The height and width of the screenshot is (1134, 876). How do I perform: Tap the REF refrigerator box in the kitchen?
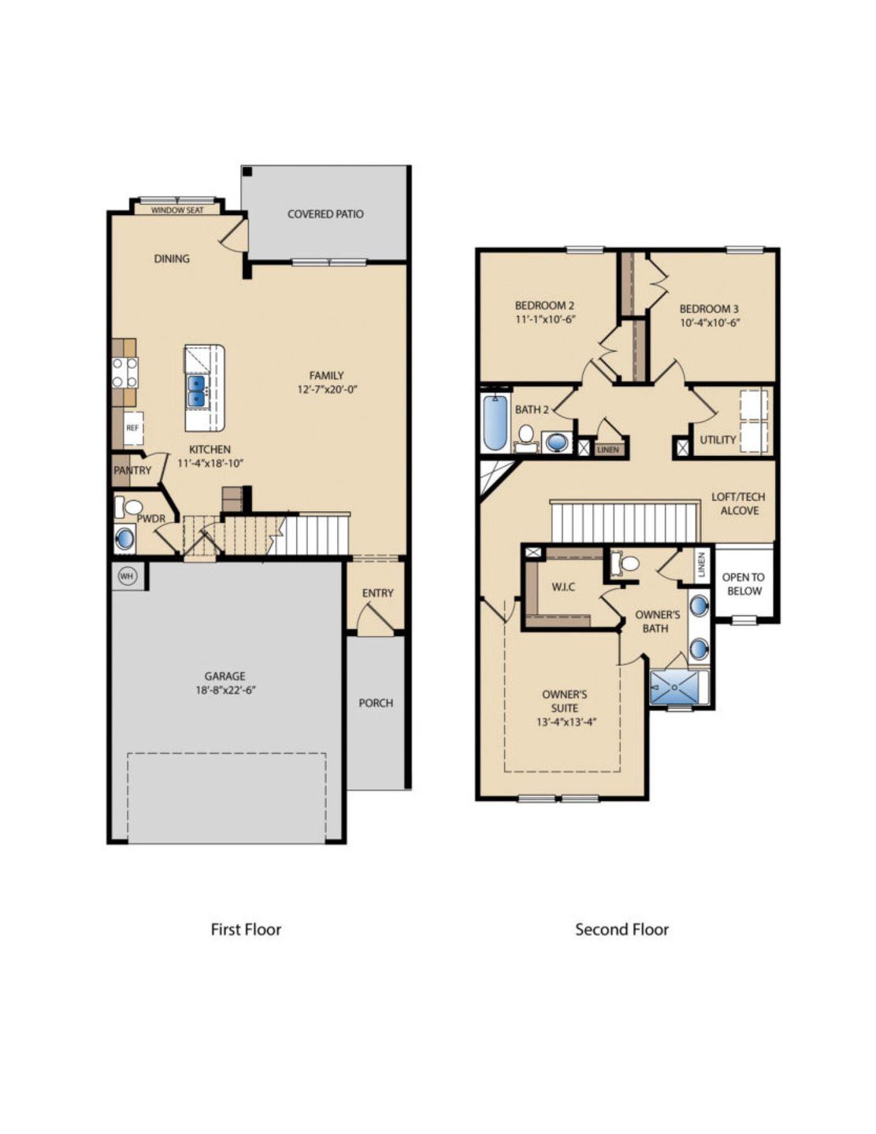(x=132, y=428)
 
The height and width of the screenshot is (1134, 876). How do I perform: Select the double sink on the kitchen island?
(x=196, y=391)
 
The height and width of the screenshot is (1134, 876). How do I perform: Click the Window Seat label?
(x=177, y=209)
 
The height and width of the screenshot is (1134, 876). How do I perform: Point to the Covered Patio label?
(x=325, y=213)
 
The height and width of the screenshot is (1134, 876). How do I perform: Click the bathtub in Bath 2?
(x=495, y=423)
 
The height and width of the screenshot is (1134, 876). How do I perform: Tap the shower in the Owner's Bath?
(x=674, y=687)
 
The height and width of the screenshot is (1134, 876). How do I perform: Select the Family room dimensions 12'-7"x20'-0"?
(x=327, y=389)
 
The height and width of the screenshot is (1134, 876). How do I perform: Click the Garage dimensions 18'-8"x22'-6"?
(x=225, y=690)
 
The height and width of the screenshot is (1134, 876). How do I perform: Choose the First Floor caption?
(x=246, y=929)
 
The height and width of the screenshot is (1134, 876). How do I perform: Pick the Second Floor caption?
(x=622, y=929)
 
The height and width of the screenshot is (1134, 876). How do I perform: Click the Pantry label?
(x=132, y=470)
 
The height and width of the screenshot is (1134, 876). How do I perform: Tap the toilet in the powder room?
(x=131, y=507)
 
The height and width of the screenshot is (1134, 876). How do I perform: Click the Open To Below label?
(x=743, y=584)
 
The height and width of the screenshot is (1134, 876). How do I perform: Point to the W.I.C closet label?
(x=562, y=587)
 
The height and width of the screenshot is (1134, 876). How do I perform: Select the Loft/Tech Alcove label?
(x=738, y=504)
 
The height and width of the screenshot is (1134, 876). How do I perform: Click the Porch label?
(x=376, y=702)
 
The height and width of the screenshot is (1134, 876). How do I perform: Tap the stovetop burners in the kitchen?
(x=124, y=372)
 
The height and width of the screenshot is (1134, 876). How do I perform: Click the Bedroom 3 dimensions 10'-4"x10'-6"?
(x=710, y=322)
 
